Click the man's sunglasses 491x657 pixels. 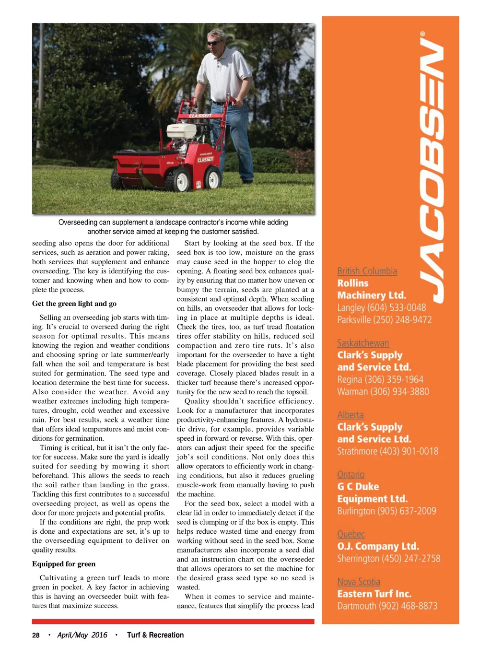[x=214, y=43]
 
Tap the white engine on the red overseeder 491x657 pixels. [x=182, y=130]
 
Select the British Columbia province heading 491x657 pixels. [x=367, y=271]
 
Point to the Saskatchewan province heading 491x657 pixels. [x=363, y=343]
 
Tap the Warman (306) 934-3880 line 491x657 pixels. [x=383, y=391]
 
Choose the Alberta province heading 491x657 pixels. [x=350, y=415]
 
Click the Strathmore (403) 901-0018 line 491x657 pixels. [x=387, y=451]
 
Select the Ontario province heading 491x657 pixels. [x=351, y=474]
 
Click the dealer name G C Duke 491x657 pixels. [x=358, y=486]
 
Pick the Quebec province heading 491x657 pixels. [x=351, y=534]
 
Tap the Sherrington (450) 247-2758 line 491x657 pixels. [x=388, y=559]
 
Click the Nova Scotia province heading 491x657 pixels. [x=359, y=582]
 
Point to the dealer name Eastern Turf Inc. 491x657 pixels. [x=374, y=594]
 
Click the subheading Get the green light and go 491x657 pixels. [x=74, y=304]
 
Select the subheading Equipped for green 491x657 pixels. [x=64, y=564]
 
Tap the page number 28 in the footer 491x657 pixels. [x=36, y=635]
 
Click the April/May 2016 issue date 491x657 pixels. [x=82, y=635]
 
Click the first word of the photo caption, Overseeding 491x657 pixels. [x=78, y=223]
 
